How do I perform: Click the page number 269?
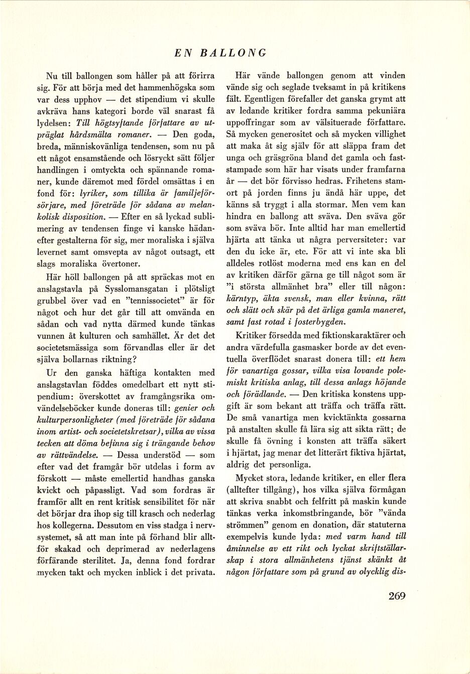(396, 596)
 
